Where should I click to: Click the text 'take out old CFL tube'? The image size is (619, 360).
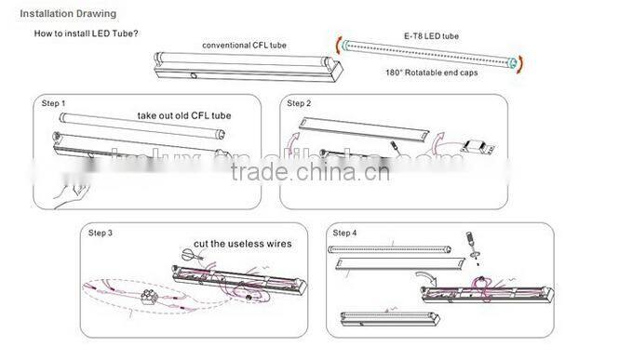(x=183, y=116)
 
